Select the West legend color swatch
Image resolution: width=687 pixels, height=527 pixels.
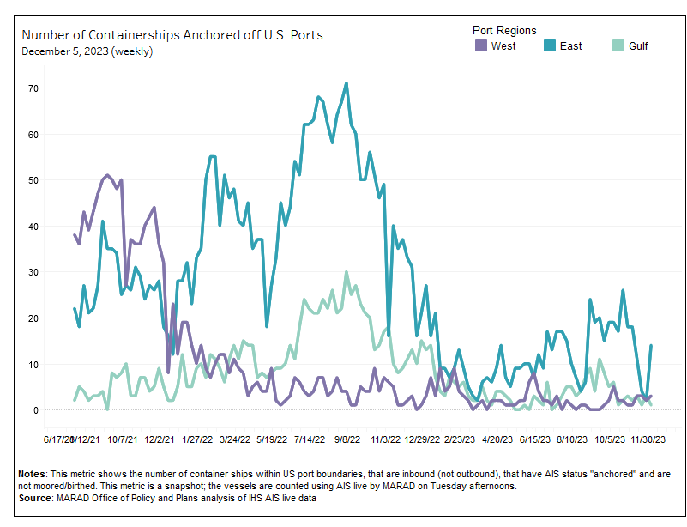coord(480,45)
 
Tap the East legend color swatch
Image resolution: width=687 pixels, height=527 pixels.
coord(549,45)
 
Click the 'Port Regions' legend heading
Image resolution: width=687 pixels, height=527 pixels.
coord(506,30)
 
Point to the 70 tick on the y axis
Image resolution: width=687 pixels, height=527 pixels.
coord(33,88)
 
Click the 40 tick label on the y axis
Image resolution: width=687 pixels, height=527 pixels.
coord(33,226)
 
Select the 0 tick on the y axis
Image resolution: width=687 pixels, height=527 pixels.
coord(36,410)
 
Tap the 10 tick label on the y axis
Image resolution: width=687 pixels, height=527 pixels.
coord(33,364)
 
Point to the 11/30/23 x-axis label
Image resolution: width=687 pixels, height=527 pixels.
coord(648,439)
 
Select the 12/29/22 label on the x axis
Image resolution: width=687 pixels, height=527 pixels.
coord(422,439)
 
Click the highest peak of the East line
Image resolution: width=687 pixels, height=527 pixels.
coord(346,83)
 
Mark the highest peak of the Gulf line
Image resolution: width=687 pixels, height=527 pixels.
coord(346,272)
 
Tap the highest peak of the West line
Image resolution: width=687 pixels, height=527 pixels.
coord(107,174)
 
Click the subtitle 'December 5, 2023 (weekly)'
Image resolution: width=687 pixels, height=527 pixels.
coord(87,51)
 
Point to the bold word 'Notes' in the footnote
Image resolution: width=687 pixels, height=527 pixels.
coord(33,474)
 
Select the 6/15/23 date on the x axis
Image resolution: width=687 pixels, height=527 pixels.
coord(534,439)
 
